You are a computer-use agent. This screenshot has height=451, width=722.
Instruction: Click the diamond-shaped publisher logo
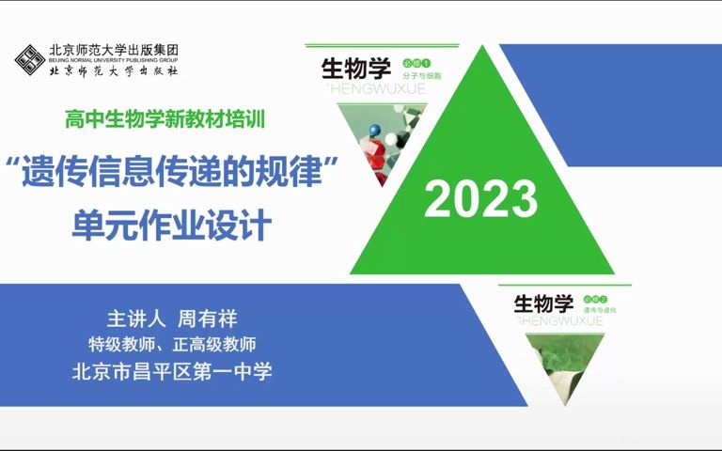pos(30,60)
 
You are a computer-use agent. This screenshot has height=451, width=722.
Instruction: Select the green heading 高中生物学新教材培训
pos(165,119)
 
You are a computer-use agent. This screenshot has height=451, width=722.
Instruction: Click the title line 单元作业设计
pos(171,225)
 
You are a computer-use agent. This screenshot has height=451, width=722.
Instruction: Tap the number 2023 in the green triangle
pos(481,199)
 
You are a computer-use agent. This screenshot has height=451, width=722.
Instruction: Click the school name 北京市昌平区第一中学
pos(172,371)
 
